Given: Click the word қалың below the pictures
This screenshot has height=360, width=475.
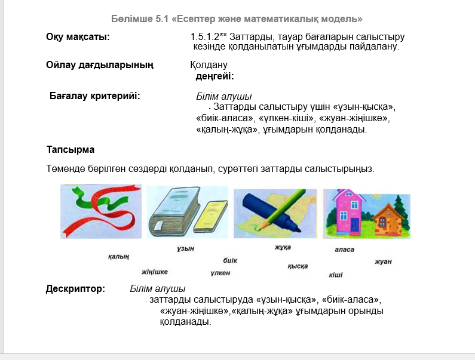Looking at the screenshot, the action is pyautogui.click(x=118, y=257).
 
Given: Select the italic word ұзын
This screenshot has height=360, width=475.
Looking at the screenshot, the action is pyautogui.click(x=185, y=248).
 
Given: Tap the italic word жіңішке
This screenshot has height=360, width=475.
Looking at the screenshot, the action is pyautogui.click(x=155, y=272).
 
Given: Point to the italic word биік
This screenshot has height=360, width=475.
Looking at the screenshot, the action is pyautogui.click(x=230, y=260).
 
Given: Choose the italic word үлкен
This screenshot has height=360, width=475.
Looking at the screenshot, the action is pyautogui.click(x=220, y=273).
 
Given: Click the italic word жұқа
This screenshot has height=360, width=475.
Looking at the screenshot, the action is pyautogui.click(x=283, y=247).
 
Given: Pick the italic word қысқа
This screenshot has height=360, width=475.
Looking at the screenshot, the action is pyautogui.click(x=298, y=266).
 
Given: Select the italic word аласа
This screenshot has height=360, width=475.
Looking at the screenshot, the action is pyautogui.click(x=344, y=250).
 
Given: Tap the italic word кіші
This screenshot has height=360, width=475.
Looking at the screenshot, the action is pyautogui.click(x=336, y=275).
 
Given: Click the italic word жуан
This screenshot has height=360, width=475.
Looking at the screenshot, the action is pyautogui.click(x=383, y=261).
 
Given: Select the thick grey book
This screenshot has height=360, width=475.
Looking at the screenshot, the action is pyautogui.click(x=174, y=212).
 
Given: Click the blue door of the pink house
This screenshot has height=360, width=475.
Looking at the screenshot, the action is pyautogui.click(x=354, y=224).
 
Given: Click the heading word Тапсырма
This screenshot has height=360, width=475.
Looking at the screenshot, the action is pyautogui.click(x=71, y=150).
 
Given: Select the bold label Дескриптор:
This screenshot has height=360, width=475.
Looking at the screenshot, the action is pyautogui.click(x=75, y=288).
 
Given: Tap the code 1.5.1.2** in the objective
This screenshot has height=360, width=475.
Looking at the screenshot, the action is pyautogui.click(x=209, y=37).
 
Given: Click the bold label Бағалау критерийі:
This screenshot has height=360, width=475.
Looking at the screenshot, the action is pyautogui.click(x=95, y=96).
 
